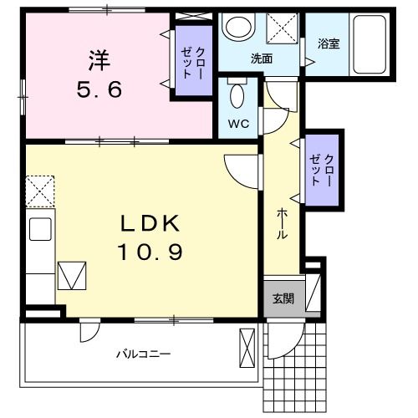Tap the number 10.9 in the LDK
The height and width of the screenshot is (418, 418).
[150, 251]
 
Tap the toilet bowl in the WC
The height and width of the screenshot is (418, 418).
[237, 96]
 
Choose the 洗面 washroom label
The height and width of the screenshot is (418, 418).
[262, 59]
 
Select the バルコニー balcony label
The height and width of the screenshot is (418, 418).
[143, 354]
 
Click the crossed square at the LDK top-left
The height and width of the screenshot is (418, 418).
[39, 191]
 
